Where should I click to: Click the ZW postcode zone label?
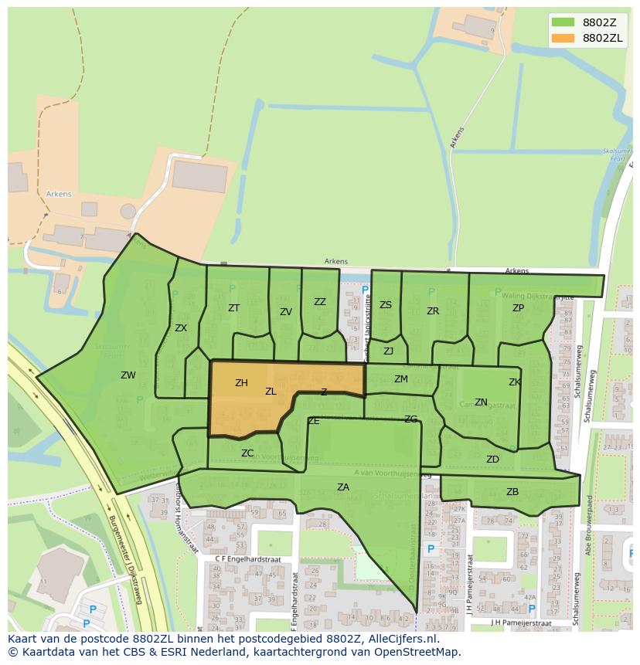click(x=128, y=375)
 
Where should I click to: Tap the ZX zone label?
click(x=181, y=328)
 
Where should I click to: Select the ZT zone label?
click(x=233, y=308)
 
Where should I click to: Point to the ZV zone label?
click(x=286, y=312)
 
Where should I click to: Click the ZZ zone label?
click(x=320, y=302)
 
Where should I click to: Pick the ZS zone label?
click(x=386, y=305)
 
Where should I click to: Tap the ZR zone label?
click(x=433, y=311)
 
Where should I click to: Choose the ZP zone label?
click(x=518, y=308)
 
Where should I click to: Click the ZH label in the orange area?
click(x=241, y=383)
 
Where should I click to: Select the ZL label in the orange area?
click(x=271, y=392)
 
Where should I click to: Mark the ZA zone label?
click(x=343, y=487)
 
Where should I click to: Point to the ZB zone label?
click(x=512, y=492)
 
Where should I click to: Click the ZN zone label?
click(x=481, y=402)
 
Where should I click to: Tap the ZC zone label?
click(x=247, y=453)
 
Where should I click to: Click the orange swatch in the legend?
click(x=563, y=37)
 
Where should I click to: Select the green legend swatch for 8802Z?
click(x=563, y=22)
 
